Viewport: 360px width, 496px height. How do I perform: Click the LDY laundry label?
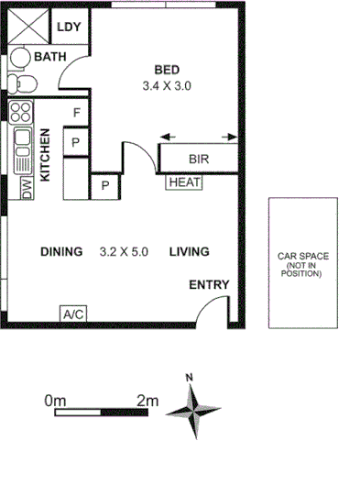pyautogui.click(x=69, y=27)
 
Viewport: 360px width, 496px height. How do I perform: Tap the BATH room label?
pyautogui.click(x=50, y=58)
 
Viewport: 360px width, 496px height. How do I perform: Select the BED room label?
pyautogui.click(x=167, y=70)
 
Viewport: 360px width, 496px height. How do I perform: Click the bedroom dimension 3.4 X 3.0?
pyautogui.click(x=168, y=85)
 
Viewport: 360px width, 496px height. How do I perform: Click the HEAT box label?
pyautogui.click(x=184, y=182)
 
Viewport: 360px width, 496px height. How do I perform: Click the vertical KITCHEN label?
pyautogui.click(x=44, y=155)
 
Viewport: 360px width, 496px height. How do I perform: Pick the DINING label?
pyautogui.click(x=62, y=251)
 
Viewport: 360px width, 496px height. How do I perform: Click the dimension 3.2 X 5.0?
pyautogui.click(x=124, y=251)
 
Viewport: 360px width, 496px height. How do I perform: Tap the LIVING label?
pyautogui.click(x=189, y=251)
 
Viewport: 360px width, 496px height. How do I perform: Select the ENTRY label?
pyautogui.click(x=208, y=285)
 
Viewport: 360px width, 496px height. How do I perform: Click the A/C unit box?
pyautogui.click(x=73, y=314)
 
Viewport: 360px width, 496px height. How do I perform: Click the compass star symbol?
pyautogui.click(x=194, y=409)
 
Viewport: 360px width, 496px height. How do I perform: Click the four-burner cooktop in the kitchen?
pyautogui.click(x=21, y=114)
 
